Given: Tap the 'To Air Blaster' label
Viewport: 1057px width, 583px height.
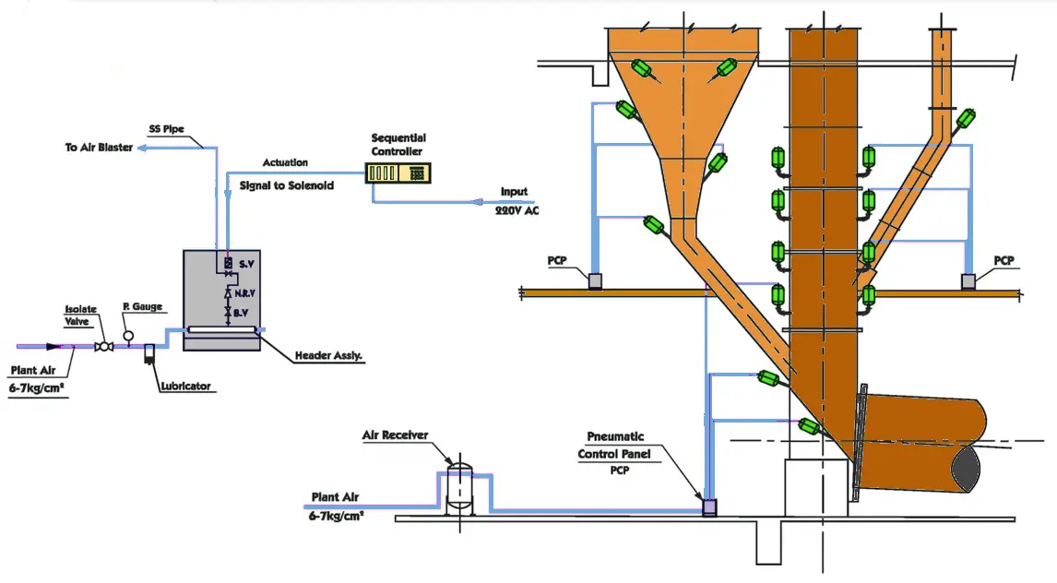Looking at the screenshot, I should pos(99,148).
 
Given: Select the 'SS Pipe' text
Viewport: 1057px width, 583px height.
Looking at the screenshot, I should pos(167,129).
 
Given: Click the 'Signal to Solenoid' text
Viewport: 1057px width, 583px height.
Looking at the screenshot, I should pos(286,185).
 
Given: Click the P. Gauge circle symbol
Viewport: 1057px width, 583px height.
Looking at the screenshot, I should pos(128,335).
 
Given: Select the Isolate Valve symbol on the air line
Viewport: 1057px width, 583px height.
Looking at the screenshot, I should pos(104,346).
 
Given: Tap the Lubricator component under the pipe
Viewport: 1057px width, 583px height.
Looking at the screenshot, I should pos(148,354).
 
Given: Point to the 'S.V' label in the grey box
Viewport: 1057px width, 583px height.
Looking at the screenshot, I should pos(247,264).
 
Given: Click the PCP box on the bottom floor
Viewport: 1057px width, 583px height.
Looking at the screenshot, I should pos(709,507).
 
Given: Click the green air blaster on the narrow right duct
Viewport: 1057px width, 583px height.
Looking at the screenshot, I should pos(966,120).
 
